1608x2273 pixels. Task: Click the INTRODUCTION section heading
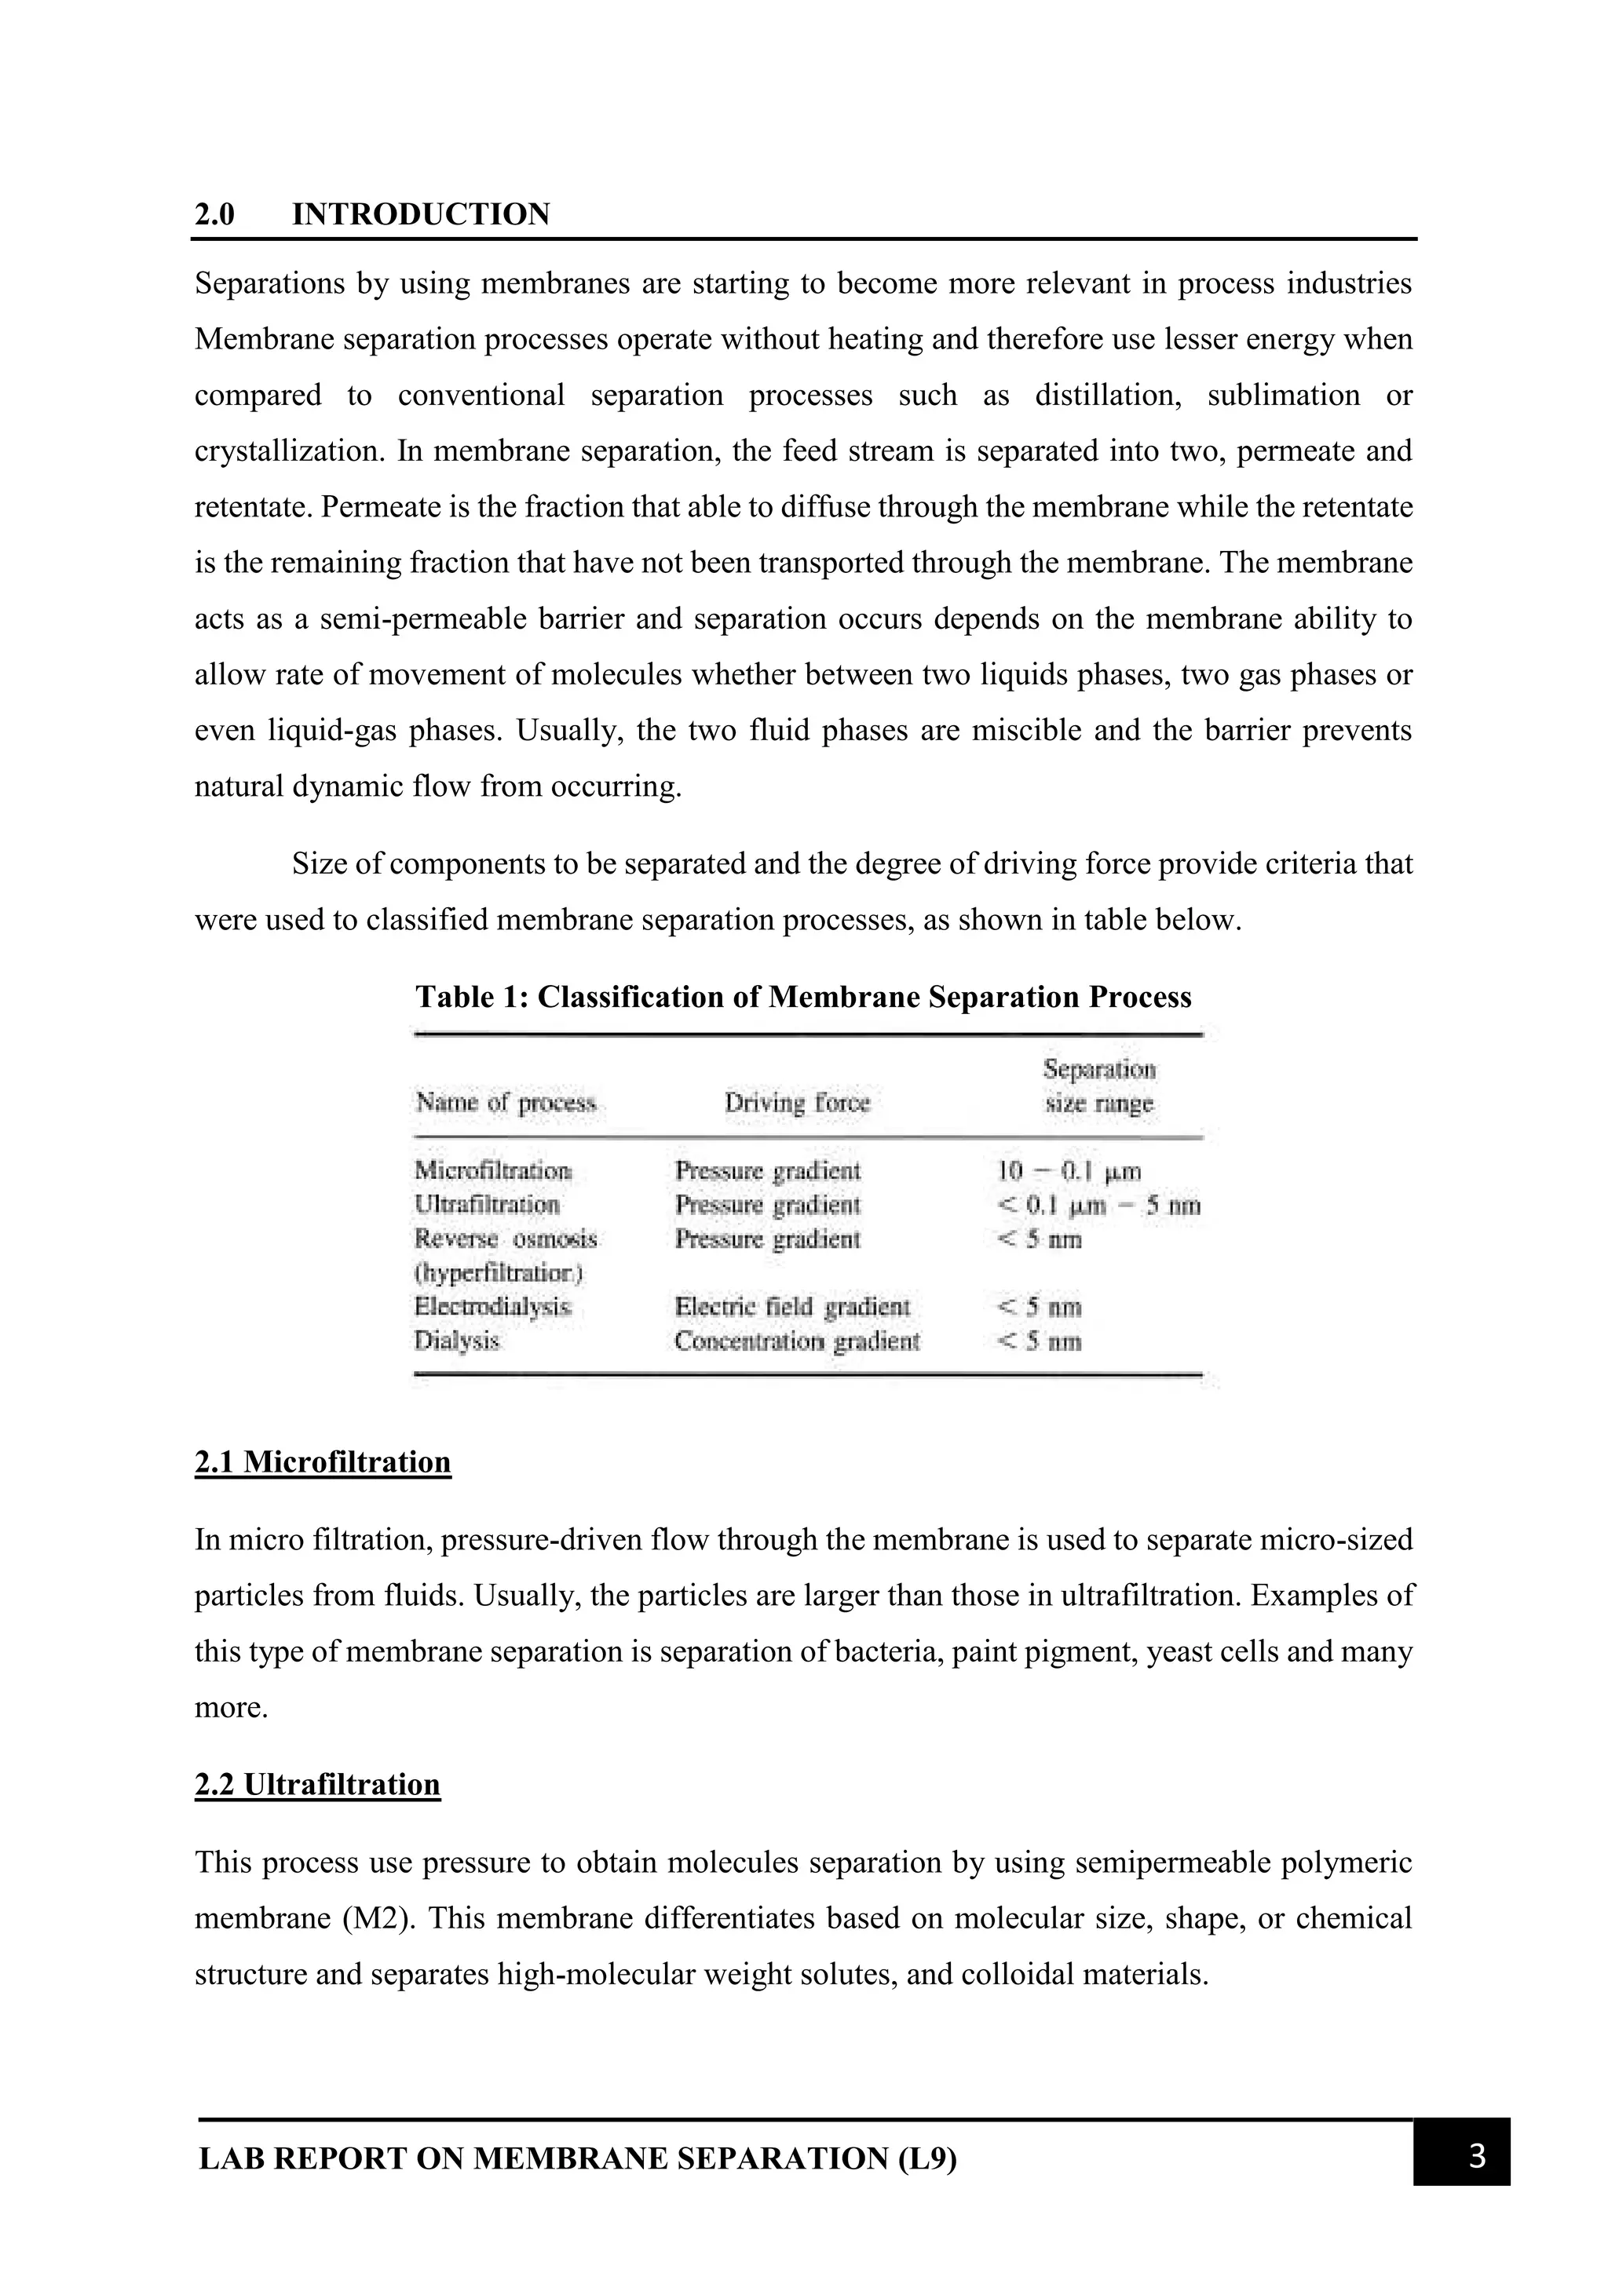pyautogui.click(x=421, y=215)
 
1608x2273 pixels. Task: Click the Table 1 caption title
pyautogui.click(x=803, y=996)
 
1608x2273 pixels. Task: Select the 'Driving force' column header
pyautogui.click(x=797, y=1103)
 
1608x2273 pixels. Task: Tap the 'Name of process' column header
pyautogui.click(x=506, y=1103)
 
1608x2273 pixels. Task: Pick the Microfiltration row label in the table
pyautogui.click(x=492, y=1170)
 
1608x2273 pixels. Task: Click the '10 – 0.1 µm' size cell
pyautogui.click(x=1069, y=1171)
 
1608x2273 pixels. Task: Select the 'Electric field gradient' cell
pyautogui.click(x=791, y=1307)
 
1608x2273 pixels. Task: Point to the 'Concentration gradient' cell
pyautogui.click(x=796, y=1341)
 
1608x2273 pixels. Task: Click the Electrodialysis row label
pyautogui.click(x=492, y=1307)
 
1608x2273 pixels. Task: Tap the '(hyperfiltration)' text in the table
pyautogui.click(x=498, y=1272)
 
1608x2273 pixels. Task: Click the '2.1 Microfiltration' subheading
pyautogui.click(x=323, y=1462)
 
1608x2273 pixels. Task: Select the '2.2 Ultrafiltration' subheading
pyautogui.click(x=317, y=1784)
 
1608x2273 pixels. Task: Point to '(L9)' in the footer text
pyautogui.click(x=928, y=2159)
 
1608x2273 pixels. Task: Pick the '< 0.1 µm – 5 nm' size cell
pyautogui.click(x=1098, y=1206)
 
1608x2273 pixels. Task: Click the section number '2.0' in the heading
pyautogui.click(x=215, y=215)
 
